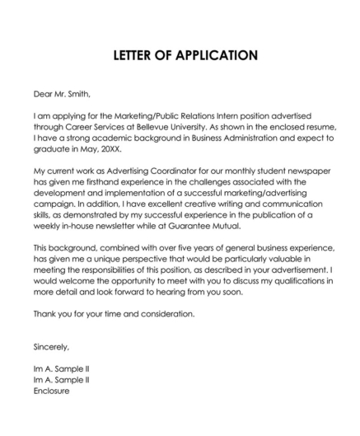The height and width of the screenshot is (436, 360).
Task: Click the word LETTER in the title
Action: tap(129, 56)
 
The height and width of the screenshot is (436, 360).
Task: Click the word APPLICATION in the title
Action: tap(211, 56)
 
